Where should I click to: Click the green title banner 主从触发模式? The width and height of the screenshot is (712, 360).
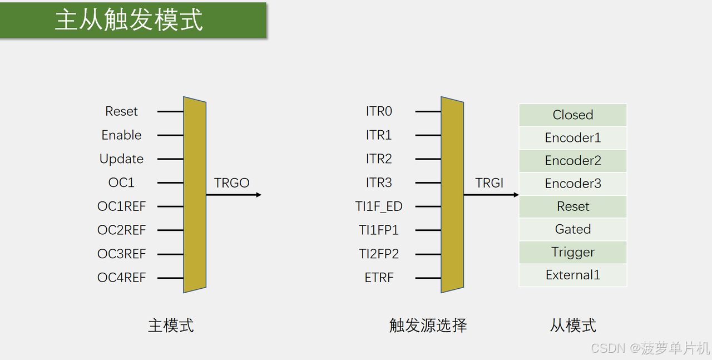click(x=133, y=20)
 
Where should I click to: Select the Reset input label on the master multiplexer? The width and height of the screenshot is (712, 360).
click(x=121, y=111)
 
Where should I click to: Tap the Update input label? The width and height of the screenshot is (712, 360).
click(x=121, y=159)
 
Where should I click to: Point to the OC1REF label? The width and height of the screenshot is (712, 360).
click(x=121, y=206)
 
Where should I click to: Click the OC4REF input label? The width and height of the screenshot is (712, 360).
click(x=121, y=278)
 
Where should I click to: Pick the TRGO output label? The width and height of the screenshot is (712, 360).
click(x=231, y=183)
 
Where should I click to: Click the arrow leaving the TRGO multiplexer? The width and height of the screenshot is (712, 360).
click(x=234, y=195)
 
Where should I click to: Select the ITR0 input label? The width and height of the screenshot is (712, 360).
click(x=379, y=111)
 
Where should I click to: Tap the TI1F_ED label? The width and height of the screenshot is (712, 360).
click(x=379, y=206)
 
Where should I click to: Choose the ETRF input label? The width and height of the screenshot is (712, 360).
click(x=379, y=278)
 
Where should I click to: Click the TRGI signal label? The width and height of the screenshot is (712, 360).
click(x=489, y=183)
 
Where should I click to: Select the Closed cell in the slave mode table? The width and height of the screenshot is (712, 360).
click(x=573, y=115)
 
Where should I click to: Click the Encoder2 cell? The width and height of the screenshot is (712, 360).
click(x=573, y=161)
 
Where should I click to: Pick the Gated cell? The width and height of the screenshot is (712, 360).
click(x=573, y=229)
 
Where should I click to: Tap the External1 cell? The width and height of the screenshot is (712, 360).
click(x=573, y=275)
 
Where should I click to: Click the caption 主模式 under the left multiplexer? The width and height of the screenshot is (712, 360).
click(x=171, y=326)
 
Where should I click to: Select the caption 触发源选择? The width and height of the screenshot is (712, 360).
click(x=428, y=326)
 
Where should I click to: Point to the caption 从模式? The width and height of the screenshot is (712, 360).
click(x=573, y=326)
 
